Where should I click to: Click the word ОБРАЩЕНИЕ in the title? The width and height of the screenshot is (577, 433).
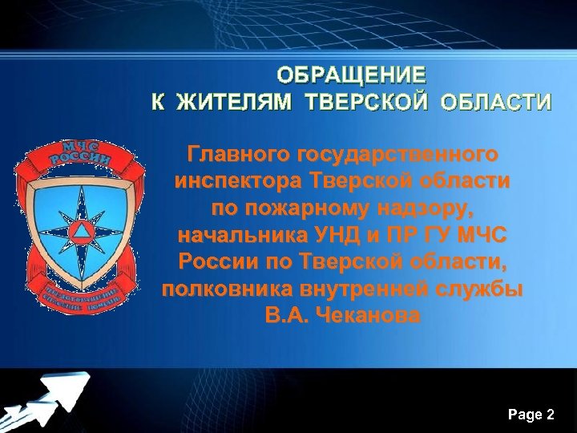(x=352, y=76)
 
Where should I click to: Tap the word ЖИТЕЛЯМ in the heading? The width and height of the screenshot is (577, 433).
(x=235, y=103)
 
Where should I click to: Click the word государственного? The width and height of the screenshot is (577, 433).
(x=396, y=153)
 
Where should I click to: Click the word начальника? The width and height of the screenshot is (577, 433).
(x=240, y=235)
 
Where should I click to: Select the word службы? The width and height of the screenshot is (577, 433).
(x=478, y=289)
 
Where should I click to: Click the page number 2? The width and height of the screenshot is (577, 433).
(x=550, y=415)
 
